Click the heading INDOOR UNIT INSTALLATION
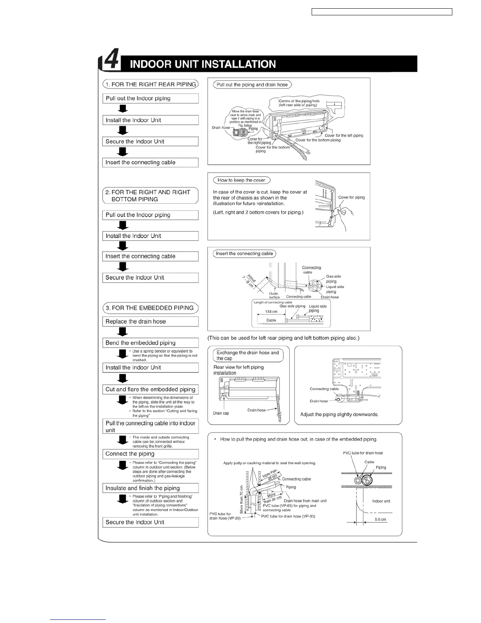click(x=203, y=64)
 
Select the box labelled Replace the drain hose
click(x=150, y=322)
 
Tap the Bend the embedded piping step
click(x=150, y=343)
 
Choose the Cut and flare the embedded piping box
click(x=150, y=389)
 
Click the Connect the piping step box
click(x=150, y=454)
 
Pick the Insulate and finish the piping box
click(x=150, y=488)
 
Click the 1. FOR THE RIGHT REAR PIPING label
click(x=150, y=84)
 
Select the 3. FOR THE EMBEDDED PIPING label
click(x=150, y=308)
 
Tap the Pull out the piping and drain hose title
click(x=252, y=85)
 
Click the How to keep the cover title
click(x=241, y=180)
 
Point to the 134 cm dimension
click(x=271, y=311)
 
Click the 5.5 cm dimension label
click(x=380, y=520)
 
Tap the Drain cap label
click(x=221, y=413)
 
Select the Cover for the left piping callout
click(x=344, y=135)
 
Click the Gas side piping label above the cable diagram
click(x=292, y=306)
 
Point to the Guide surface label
click(x=274, y=295)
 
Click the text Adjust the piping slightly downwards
click(x=339, y=415)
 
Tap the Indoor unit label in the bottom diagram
click(x=381, y=501)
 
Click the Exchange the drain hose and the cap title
click(x=247, y=356)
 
